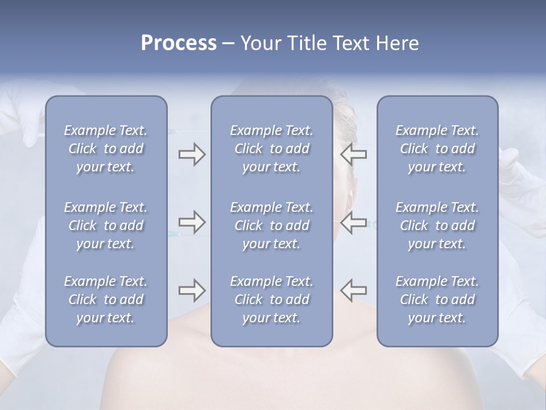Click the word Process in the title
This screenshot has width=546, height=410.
click(x=179, y=43)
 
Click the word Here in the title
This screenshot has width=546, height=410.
click(x=398, y=43)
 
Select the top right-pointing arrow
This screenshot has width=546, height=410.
click(x=192, y=154)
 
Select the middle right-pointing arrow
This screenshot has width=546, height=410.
click(x=192, y=222)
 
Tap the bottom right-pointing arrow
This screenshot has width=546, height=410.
click(x=192, y=290)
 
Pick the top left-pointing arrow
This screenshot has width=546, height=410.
click(x=353, y=154)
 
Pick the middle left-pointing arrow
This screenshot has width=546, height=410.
click(x=353, y=222)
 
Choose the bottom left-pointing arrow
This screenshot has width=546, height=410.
click(x=353, y=290)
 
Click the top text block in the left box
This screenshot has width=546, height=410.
click(x=106, y=149)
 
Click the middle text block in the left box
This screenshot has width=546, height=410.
click(x=106, y=225)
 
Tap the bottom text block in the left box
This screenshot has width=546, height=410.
click(x=106, y=300)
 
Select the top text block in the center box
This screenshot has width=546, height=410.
click(x=271, y=149)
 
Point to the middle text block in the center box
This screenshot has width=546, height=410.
click(x=271, y=225)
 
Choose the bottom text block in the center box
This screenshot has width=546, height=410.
click(x=271, y=300)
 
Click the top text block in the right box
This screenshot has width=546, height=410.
click(x=437, y=149)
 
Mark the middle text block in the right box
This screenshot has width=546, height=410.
click(x=437, y=225)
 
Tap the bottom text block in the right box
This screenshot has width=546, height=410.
click(x=437, y=300)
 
